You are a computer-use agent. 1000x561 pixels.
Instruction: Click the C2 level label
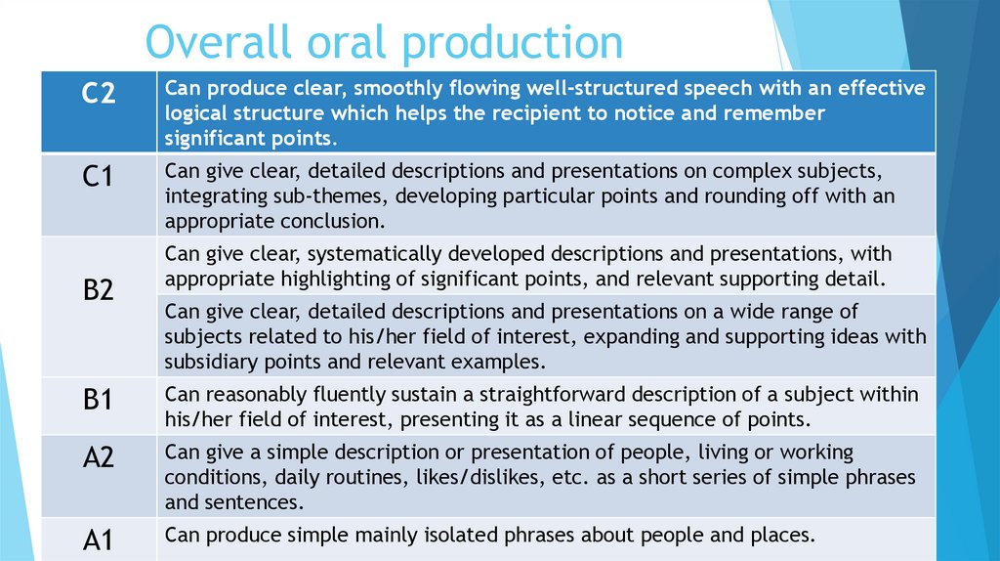98,95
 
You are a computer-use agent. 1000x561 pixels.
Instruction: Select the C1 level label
98,178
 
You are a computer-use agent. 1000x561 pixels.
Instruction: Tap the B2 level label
98,290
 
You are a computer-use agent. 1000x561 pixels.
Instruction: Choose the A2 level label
98,457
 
